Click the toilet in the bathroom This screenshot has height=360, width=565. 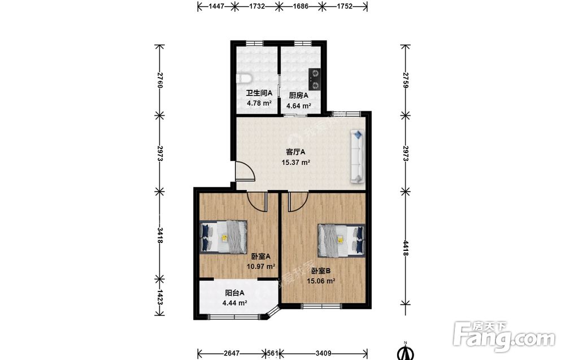coord(244,79)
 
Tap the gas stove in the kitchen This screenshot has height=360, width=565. coord(315,79)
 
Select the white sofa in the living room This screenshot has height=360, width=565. coord(357,157)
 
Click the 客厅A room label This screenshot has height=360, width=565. coord(295,151)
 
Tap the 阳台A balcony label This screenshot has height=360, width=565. coord(234,293)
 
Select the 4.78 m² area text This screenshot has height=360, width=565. coord(259,103)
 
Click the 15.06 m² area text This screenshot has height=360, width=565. coord(321,281)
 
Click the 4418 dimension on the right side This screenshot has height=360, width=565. coord(406,248)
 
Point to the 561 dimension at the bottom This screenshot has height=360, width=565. coord(272,353)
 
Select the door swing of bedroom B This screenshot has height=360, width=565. coord(298,202)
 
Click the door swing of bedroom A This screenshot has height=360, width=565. coord(257,202)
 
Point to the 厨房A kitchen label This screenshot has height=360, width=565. coord(299,96)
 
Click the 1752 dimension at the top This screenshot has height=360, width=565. coord(345,6)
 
